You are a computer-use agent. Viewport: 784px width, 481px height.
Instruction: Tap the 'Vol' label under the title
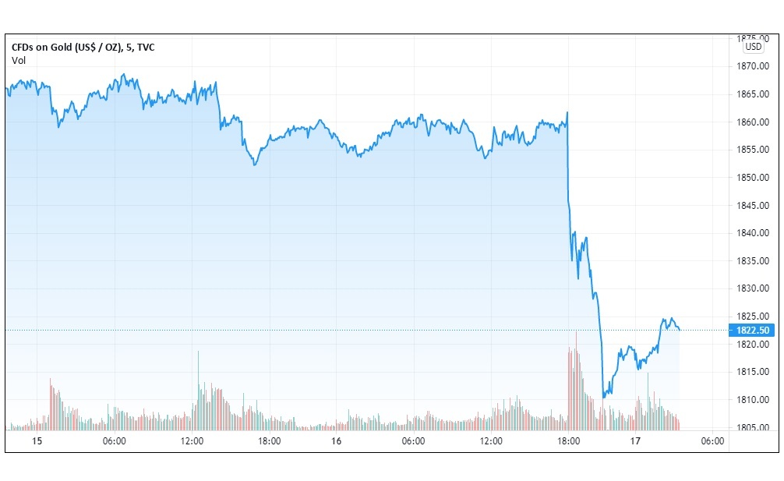(x=19, y=61)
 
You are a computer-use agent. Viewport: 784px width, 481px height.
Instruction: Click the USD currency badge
(x=753, y=46)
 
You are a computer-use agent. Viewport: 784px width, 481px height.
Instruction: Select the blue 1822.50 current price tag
(x=751, y=330)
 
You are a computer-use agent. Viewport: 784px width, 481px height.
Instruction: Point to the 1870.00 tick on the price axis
(x=753, y=67)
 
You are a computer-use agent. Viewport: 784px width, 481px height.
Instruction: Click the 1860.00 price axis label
(x=753, y=122)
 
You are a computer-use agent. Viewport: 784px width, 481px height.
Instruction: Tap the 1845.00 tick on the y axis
(x=753, y=206)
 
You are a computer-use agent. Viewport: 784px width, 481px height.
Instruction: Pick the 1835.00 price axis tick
(x=753, y=261)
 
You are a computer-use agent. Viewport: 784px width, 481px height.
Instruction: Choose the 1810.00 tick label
(x=753, y=400)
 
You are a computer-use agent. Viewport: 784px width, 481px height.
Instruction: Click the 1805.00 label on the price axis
(x=753, y=427)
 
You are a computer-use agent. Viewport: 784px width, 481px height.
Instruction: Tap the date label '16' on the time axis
(x=337, y=441)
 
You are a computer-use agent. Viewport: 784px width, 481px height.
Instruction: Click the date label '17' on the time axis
(x=636, y=441)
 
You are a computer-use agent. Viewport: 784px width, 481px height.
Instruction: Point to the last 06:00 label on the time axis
(x=712, y=441)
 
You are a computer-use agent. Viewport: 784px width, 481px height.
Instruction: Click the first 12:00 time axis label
(x=192, y=441)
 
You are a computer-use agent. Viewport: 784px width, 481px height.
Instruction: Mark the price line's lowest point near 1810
(x=603, y=397)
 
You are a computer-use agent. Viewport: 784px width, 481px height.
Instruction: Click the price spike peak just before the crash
(x=567, y=113)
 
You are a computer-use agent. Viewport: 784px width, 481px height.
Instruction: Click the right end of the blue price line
(x=680, y=330)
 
